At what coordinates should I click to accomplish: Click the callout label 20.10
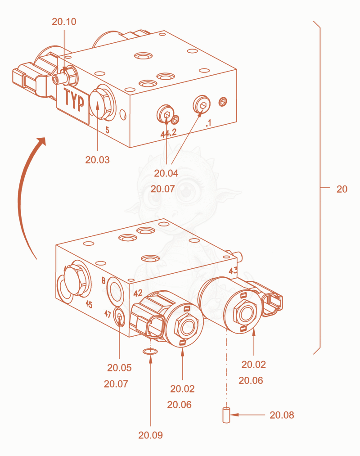pos(64,22)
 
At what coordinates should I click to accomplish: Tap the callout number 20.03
pos(97,160)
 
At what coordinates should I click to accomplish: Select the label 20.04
pos(166,173)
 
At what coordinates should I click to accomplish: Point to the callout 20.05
pos(119,368)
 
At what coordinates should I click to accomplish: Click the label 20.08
pos(282,415)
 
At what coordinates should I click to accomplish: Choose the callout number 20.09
pos(150,435)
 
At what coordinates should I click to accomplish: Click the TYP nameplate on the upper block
pos(72,103)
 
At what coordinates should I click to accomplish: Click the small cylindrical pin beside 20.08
pos(226,415)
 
